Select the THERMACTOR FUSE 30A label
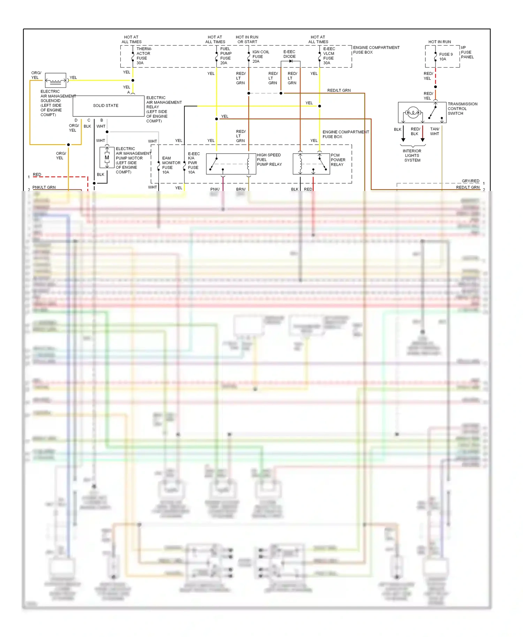click(x=144, y=56)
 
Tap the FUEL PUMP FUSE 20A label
click(x=225, y=56)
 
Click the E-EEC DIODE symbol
click(x=291, y=61)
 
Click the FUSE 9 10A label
click(x=446, y=57)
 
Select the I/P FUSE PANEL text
click(x=467, y=53)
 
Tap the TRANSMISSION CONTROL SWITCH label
click(x=462, y=109)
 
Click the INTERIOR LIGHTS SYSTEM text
click(x=412, y=156)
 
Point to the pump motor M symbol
click(x=107, y=158)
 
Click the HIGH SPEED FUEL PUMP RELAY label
click(x=269, y=160)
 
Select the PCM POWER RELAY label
click(x=338, y=160)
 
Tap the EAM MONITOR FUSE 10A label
click(x=171, y=165)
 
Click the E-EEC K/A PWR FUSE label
click(x=194, y=163)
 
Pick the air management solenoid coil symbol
click(x=55, y=81)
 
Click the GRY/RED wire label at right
click(x=470, y=181)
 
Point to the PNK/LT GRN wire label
click(x=44, y=187)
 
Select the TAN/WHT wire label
click(x=434, y=131)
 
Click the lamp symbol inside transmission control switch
click(x=413, y=113)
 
